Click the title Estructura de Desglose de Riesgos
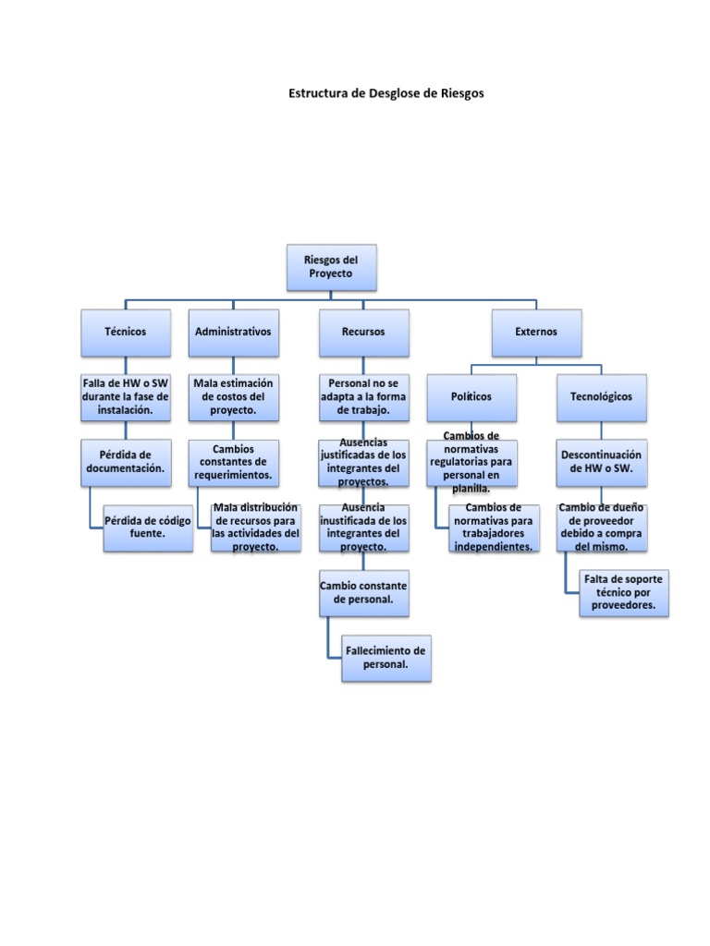point(386,93)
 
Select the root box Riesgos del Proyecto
point(330,267)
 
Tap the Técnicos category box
point(126,332)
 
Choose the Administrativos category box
point(234,332)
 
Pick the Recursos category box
point(363,332)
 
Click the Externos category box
point(536,332)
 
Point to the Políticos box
point(471,396)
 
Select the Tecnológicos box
point(601,396)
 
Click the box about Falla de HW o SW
point(126,396)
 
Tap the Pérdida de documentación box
point(126,461)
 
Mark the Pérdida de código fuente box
point(148,527)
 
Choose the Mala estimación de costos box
point(234,396)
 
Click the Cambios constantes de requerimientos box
point(234,461)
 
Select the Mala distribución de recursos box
point(256,527)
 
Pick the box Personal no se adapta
point(363,396)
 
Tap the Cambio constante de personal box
point(363,592)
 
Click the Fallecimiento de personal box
point(386,657)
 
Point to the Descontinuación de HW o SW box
point(601,461)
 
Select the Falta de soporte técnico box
point(623,592)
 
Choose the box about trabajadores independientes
point(494,528)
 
